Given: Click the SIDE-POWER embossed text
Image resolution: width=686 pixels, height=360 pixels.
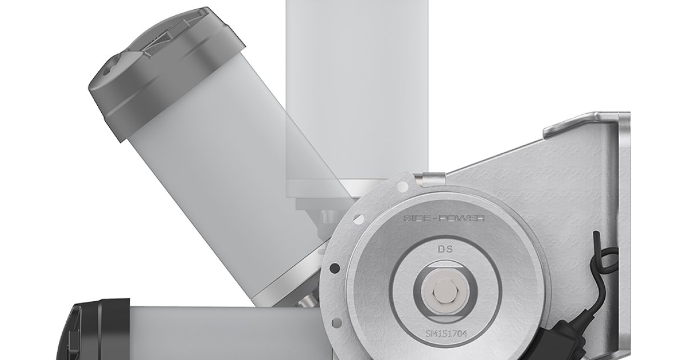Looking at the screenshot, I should (x=444, y=218).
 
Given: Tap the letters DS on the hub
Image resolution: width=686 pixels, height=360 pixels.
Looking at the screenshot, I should (x=444, y=249).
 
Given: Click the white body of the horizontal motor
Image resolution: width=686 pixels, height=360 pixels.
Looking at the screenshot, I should (x=217, y=334).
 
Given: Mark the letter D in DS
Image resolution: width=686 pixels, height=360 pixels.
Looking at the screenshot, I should (x=440, y=249).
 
